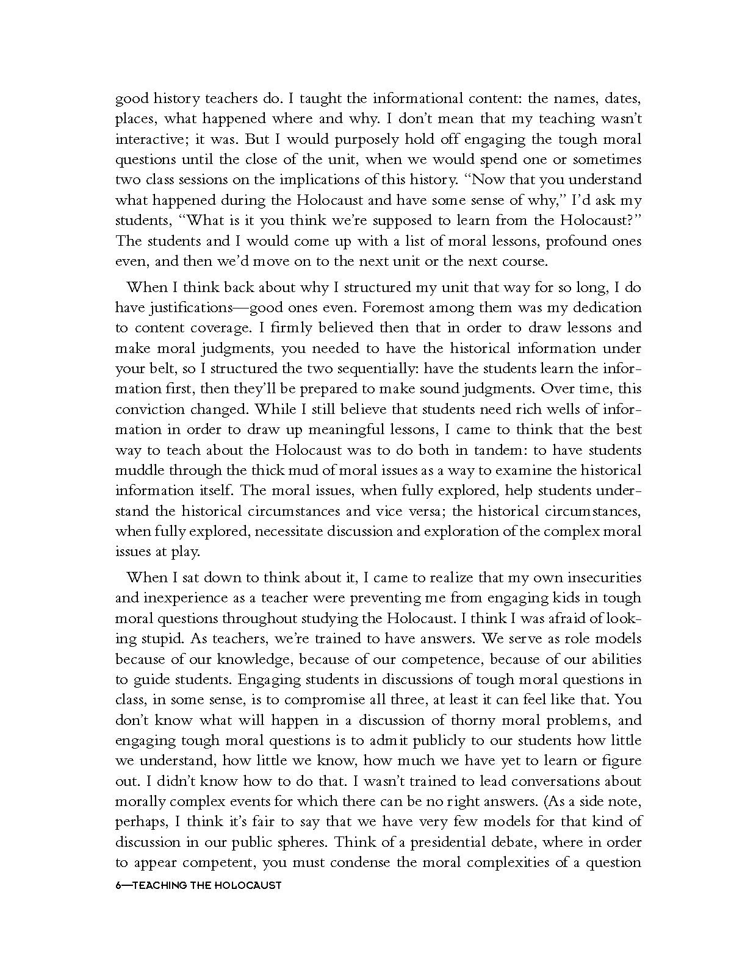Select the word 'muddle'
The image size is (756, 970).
click(x=140, y=470)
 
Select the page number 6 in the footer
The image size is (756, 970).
click(x=118, y=885)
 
